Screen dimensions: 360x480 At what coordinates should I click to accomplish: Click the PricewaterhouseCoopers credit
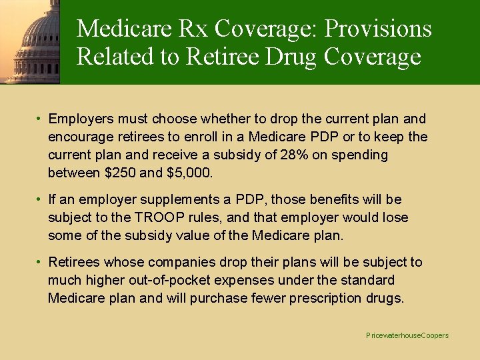click(407, 335)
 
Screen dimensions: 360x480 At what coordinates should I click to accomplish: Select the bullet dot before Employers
click(40, 119)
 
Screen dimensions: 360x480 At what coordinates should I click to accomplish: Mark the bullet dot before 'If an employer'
click(40, 199)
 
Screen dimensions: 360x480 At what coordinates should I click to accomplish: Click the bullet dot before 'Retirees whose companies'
click(40, 262)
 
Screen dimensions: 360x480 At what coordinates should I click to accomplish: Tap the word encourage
click(78, 137)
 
